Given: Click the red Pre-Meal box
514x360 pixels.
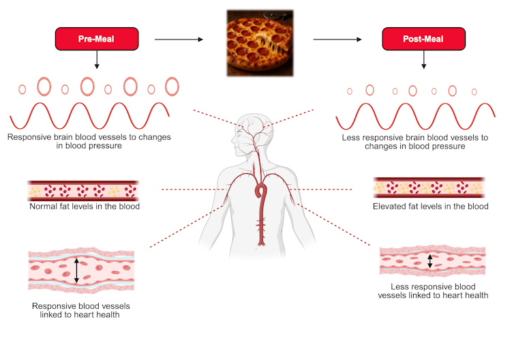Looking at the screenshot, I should click(96, 40).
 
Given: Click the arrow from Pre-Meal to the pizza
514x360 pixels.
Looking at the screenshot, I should click(179, 40).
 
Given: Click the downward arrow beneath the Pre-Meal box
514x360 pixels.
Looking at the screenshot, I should click(96, 61).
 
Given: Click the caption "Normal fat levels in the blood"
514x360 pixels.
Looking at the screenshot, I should click(85, 206).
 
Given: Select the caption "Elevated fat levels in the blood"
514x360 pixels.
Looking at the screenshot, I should click(430, 206).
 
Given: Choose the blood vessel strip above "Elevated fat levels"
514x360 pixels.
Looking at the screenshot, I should click(429, 187).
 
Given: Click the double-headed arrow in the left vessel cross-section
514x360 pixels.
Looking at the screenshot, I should click(77, 269).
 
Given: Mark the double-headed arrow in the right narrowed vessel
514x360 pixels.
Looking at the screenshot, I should click(429, 261).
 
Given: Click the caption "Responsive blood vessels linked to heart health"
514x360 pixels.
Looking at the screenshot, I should click(80, 310).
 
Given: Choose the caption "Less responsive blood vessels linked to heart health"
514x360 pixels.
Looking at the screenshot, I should click(433, 291).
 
